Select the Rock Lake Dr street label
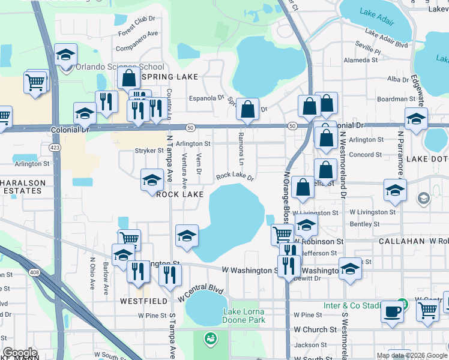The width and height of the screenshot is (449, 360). pyautogui.click(x=235, y=176)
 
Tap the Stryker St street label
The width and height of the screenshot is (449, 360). pyautogui.click(x=149, y=151)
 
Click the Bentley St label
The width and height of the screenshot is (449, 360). pyautogui.click(x=361, y=224)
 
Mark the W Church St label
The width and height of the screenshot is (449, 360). pyautogui.click(x=315, y=330)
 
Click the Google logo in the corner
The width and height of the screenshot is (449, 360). pyautogui.click(x=19, y=353)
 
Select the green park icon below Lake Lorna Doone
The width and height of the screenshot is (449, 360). pyautogui.click(x=209, y=340)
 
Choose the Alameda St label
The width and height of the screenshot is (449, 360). pyautogui.click(x=361, y=61)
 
